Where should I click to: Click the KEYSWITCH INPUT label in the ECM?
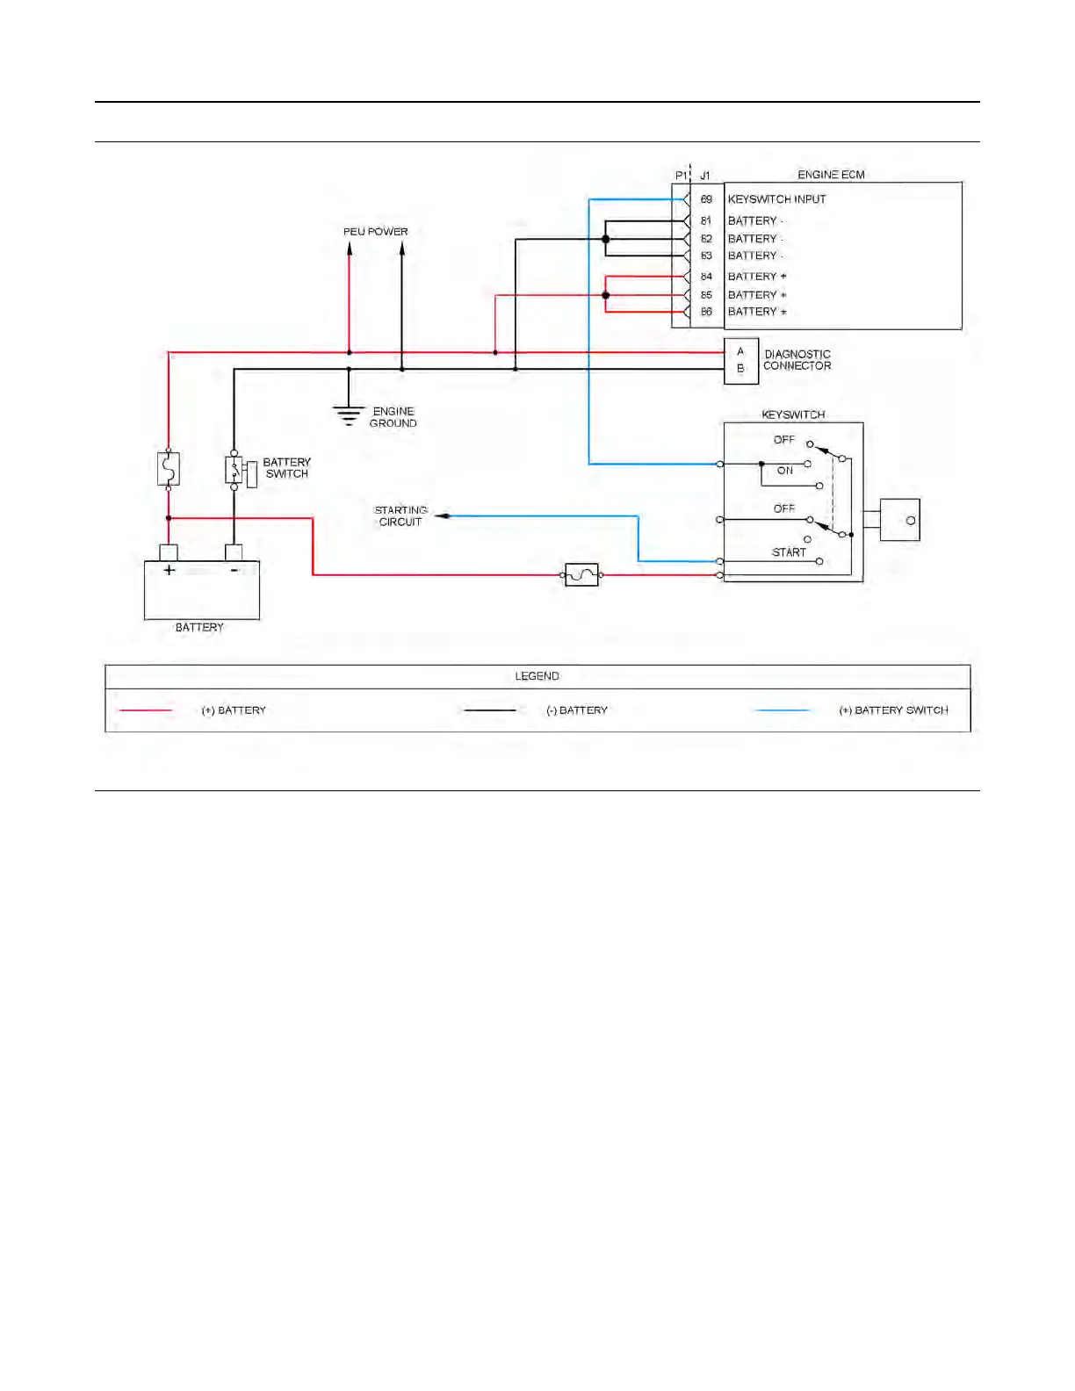776,199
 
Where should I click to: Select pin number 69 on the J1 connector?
706,199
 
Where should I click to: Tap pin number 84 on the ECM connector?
706,277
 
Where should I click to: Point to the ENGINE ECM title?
831,175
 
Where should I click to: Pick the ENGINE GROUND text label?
393,417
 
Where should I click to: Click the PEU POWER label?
376,232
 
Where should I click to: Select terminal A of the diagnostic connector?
740,351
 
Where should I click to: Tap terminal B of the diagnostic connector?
740,369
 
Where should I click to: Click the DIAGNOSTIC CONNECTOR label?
797,360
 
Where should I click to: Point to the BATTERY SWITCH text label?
286,468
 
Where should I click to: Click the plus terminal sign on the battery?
169,570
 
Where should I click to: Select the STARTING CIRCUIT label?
400,515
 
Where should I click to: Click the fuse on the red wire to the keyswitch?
581,575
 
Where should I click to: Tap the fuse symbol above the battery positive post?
168,469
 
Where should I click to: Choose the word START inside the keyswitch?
789,552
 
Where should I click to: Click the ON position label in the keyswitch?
785,471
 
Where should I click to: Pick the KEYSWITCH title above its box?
793,414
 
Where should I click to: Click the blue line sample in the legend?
783,710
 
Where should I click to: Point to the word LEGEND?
537,676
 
